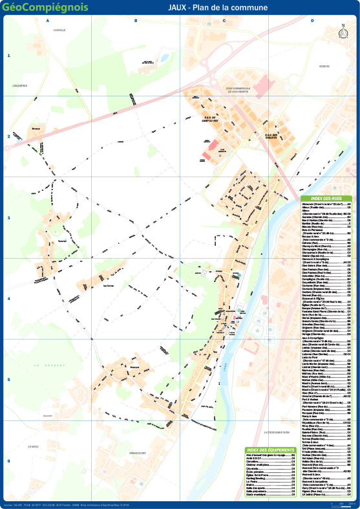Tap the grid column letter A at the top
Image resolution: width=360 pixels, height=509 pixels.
(x=47, y=21)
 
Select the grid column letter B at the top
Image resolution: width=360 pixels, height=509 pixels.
(x=135, y=21)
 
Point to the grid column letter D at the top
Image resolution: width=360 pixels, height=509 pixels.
(x=312, y=21)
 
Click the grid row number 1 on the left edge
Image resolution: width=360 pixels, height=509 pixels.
(x=9, y=56)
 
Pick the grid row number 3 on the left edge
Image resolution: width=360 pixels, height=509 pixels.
(x=9, y=218)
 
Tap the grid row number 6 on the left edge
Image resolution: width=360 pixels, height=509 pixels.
(x=9, y=461)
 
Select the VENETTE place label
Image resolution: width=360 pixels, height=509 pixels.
(x=324, y=66)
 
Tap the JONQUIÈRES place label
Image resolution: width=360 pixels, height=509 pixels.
(x=19, y=85)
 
